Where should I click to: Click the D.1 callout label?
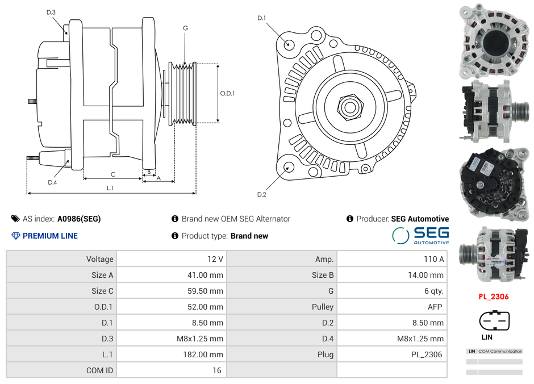coord(262,18)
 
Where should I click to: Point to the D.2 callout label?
coord(262,195)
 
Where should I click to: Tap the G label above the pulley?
coord(185,28)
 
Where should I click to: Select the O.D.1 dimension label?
coord(228,93)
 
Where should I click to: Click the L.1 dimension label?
coord(110,188)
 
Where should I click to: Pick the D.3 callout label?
coord(51,12)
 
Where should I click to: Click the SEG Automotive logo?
coord(420,235)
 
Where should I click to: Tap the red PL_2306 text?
coord(493,297)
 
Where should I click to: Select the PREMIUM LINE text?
coord(50,236)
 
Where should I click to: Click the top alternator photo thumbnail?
coord(493,40)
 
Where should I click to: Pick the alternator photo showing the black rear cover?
coord(493,184)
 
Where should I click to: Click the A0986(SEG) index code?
coord(79,219)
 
